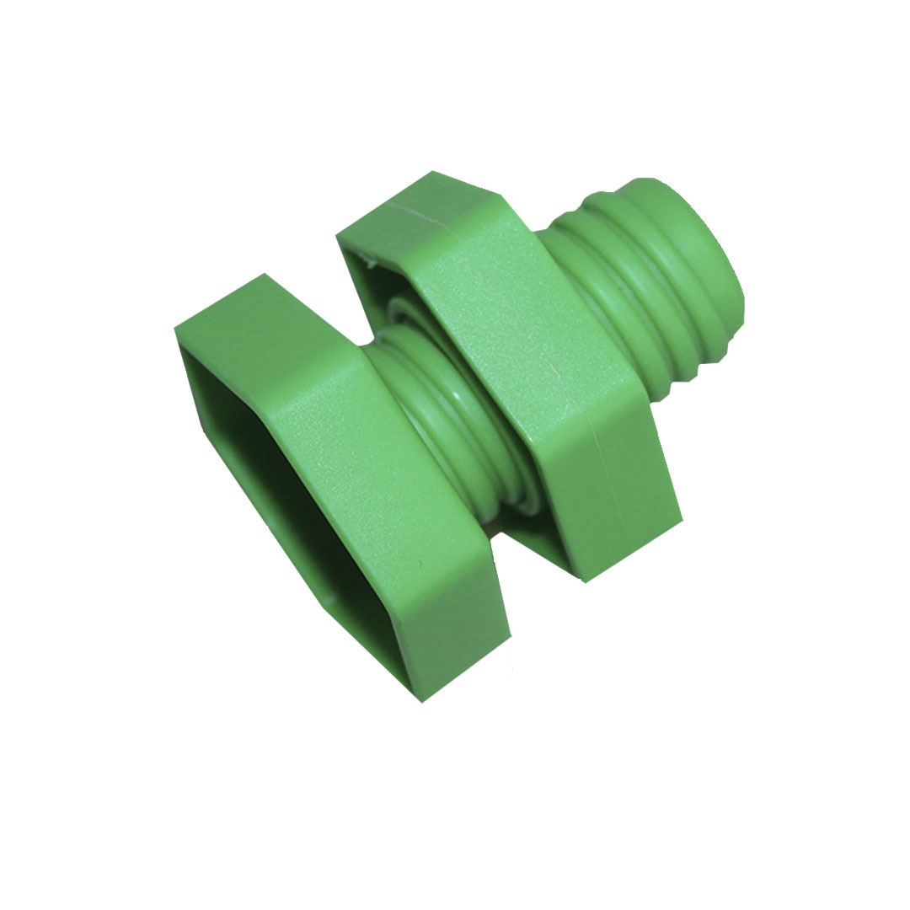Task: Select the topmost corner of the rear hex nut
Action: click(434, 172)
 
